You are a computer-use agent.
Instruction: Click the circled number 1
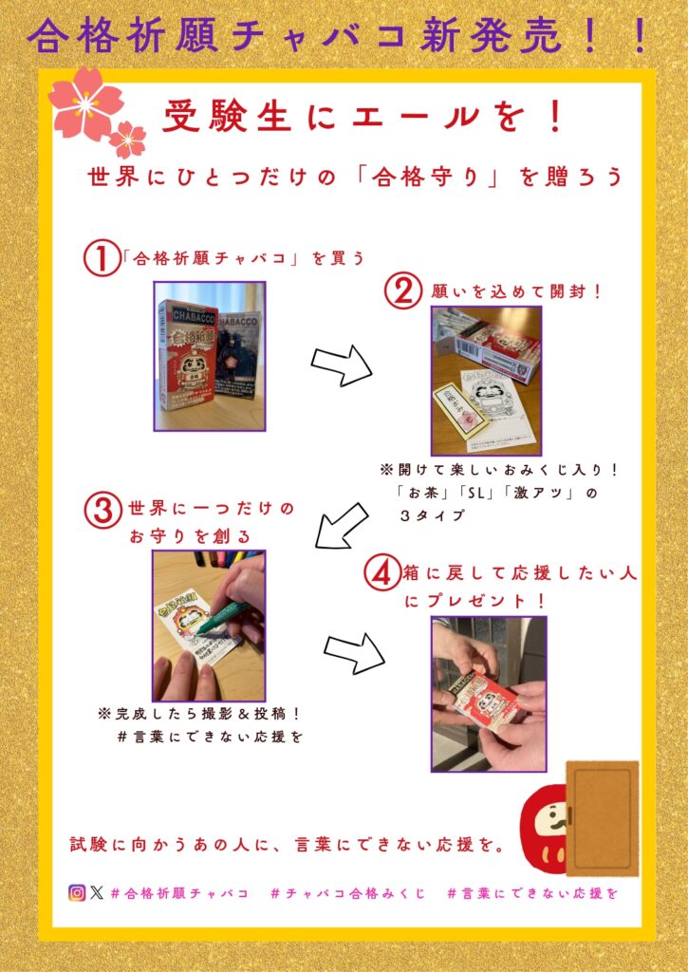tap(102, 259)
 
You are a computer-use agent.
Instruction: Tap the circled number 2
tap(403, 291)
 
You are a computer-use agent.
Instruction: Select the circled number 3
tap(102, 512)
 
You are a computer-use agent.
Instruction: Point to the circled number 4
tap(382, 574)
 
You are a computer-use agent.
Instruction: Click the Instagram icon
tap(77, 893)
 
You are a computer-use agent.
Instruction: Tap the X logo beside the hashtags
tap(97, 893)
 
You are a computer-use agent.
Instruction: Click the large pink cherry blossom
tap(85, 103)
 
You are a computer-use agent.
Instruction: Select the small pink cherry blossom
tap(128, 140)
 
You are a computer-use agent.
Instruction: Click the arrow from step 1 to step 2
tap(342, 365)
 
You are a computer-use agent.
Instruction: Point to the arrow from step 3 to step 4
tap(354, 653)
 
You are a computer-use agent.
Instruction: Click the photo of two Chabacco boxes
tap(210, 357)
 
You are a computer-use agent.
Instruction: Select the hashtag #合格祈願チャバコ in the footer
tap(179, 893)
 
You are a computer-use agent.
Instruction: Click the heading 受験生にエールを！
tap(363, 116)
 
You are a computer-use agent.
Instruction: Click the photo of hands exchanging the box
tap(489, 694)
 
